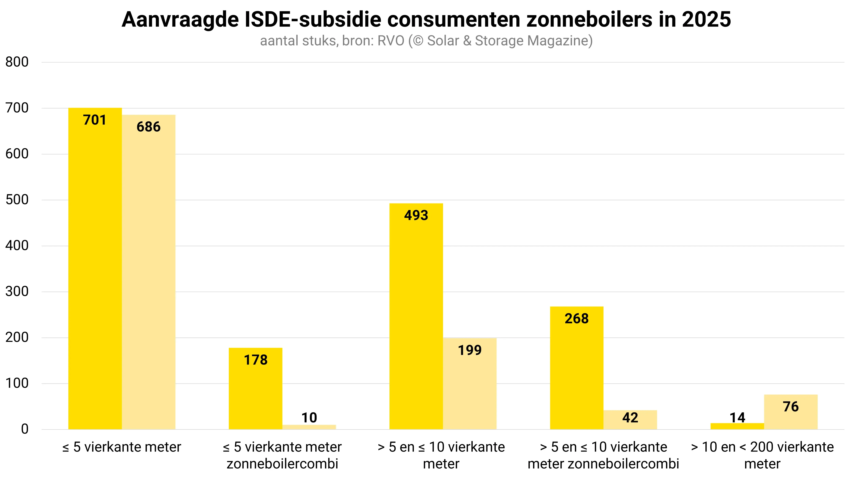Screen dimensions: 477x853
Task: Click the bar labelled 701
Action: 95,268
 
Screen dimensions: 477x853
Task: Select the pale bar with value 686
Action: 149,272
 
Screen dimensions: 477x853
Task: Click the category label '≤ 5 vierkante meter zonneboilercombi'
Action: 282,455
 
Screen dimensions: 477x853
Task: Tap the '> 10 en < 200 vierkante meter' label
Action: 762,455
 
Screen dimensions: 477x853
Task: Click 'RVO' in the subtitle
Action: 391,41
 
